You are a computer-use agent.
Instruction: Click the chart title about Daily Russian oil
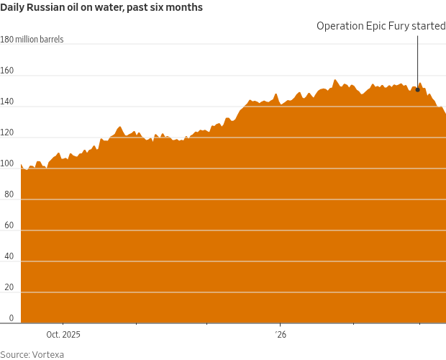click(101, 8)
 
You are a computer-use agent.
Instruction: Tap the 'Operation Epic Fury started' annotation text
click(381, 26)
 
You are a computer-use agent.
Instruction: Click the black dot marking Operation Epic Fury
click(418, 90)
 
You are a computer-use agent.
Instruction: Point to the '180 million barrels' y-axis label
click(32, 40)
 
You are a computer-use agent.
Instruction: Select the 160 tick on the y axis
click(7, 71)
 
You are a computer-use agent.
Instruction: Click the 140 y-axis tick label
click(7, 102)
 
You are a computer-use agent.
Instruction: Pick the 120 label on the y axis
click(7, 132)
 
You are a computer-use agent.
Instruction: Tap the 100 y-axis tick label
click(7, 163)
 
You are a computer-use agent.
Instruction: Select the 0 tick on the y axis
click(11, 318)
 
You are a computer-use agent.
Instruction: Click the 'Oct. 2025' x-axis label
click(63, 335)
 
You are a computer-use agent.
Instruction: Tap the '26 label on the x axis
click(281, 335)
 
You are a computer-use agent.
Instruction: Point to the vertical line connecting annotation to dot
click(418, 61)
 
